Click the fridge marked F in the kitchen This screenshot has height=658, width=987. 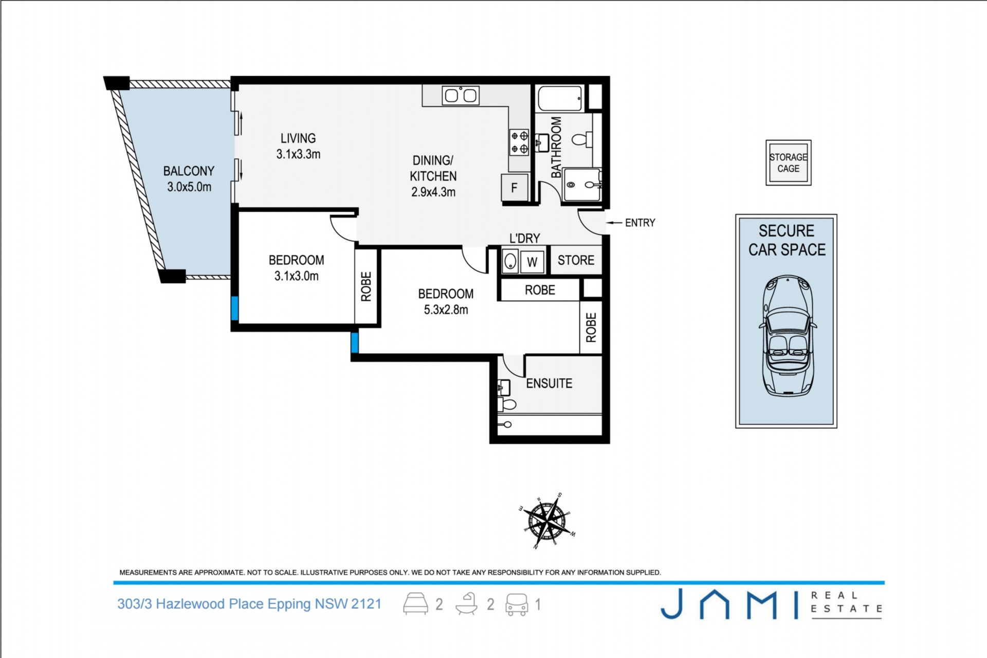click(515, 188)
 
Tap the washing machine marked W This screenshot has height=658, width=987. click(532, 262)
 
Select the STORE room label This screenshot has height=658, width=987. click(576, 260)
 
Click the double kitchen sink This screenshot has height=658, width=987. click(461, 96)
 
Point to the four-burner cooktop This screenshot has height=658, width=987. click(520, 142)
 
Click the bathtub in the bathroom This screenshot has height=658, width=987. click(560, 98)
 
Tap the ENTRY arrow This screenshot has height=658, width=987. click(614, 223)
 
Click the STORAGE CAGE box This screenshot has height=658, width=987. click(789, 162)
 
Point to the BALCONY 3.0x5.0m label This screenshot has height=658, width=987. click(189, 179)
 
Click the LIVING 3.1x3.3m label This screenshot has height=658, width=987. click(298, 146)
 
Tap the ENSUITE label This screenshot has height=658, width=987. click(549, 383)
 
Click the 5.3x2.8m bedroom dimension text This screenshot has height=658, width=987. click(446, 310)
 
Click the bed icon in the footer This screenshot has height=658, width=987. click(415, 604)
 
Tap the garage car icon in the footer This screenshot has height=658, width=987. click(517, 605)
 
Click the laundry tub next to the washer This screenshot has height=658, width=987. click(510, 261)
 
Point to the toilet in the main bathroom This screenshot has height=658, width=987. click(582, 139)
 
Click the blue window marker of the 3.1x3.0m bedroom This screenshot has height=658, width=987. click(235, 308)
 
